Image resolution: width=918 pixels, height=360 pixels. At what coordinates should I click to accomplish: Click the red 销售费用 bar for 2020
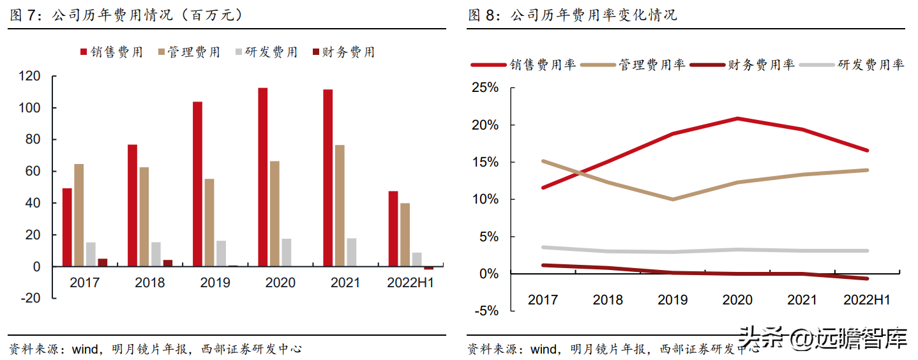click(262, 177)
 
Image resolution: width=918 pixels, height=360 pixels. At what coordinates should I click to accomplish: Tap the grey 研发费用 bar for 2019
click(221, 253)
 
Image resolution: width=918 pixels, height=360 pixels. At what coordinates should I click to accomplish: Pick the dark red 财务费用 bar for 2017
click(102, 262)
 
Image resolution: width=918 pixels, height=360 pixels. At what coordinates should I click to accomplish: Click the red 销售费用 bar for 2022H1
click(393, 229)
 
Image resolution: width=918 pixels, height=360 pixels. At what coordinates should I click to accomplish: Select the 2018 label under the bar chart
click(149, 282)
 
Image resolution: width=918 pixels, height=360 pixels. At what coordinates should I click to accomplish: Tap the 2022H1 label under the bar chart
click(410, 282)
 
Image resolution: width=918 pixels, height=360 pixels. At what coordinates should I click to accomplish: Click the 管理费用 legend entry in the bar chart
click(188, 52)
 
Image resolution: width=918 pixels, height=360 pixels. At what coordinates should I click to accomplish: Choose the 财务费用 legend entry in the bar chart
click(343, 52)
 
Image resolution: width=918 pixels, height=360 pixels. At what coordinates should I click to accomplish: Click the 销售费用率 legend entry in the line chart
click(523, 64)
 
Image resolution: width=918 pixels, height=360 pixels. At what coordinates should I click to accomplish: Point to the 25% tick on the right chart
click(485, 87)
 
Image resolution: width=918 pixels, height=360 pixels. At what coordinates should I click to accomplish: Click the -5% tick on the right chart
click(486, 311)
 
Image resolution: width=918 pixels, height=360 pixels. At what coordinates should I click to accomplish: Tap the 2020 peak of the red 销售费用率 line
click(737, 119)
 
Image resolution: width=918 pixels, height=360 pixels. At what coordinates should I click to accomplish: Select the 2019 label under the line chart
click(673, 299)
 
